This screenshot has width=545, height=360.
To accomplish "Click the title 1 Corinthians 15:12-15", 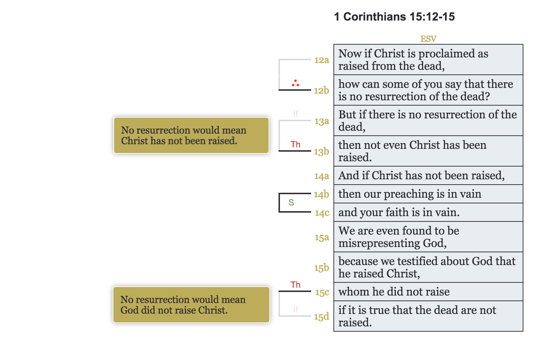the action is tap(394, 17).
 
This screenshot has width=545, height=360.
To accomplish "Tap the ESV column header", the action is tap(428, 39).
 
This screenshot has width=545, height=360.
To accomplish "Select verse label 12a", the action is tap(321, 60).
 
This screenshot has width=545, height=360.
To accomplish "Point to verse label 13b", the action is tap(321, 152).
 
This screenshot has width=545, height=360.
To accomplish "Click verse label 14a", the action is tap(321, 176).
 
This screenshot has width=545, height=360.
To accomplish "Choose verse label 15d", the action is tap(321, 316).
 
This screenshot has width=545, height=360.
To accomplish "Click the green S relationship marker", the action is tap(291, 202).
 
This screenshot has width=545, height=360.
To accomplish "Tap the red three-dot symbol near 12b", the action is tap(296, 83).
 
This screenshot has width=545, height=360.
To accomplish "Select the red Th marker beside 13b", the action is tap(296, 145).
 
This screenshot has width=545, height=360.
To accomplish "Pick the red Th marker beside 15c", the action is tap(296, 285).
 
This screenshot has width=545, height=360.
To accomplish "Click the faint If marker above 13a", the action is tap(296, 114).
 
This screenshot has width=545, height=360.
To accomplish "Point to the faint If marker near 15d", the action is tap(296, 309).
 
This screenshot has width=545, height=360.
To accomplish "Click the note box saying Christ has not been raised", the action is tap(191, 135).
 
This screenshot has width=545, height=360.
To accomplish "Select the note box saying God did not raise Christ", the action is tap(191, 305).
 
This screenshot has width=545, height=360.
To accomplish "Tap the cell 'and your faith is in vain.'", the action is tap(428, 212).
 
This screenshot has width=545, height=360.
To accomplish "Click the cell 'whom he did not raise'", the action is tap(428, 292).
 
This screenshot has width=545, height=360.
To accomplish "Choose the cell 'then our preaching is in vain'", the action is tap(428, 194).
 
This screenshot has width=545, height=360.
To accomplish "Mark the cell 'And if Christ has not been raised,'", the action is tap(428, 175).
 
